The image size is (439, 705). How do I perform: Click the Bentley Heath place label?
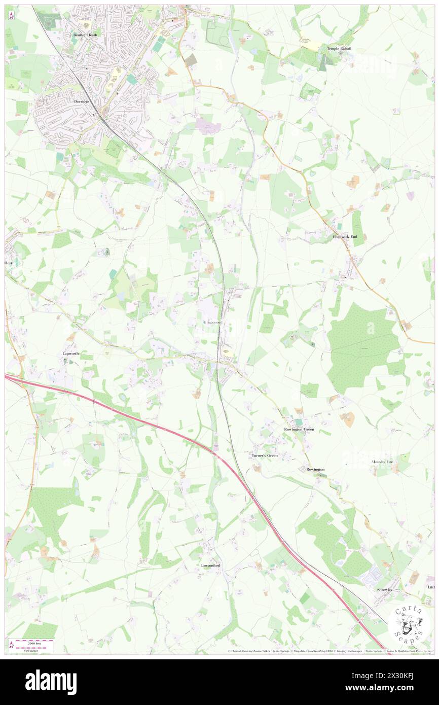click(85, 35)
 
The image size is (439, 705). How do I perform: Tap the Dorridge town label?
click(82, 101)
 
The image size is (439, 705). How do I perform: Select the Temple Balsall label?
click(339, 49)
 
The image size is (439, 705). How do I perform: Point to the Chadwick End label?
click(345, 237)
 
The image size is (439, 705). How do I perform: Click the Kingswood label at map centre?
click(212, 322)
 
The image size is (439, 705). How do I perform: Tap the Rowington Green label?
click(299, 430)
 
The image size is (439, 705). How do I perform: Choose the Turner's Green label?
click(265, 456)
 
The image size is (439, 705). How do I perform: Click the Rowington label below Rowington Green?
click(315, 470)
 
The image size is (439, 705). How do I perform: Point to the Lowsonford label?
click(210, 565)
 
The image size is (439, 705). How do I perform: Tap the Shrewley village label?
click(385, 590)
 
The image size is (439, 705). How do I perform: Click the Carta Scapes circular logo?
click(409, 623)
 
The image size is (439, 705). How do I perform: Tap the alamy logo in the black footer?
click(51, 682)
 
